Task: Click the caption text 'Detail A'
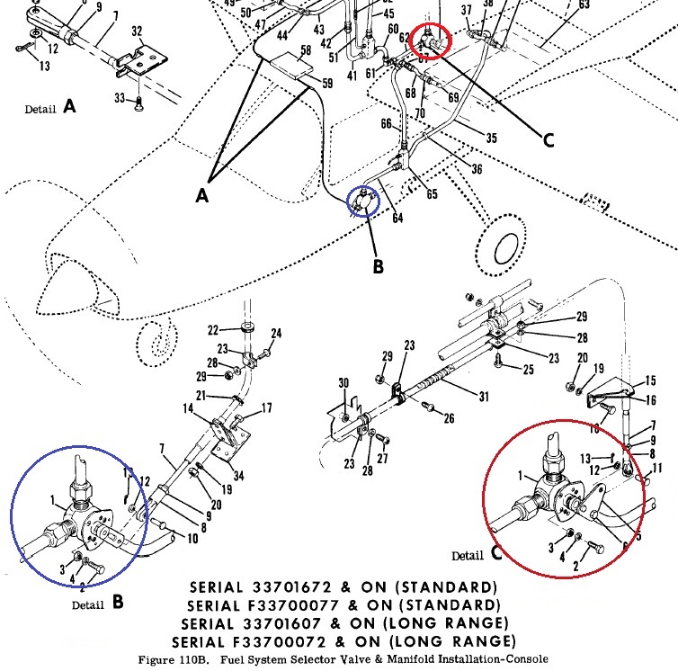click(x=50, y=108)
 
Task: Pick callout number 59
click(x=326, y=83)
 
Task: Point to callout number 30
click(x=343, y=384)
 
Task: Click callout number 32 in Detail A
click(x=137, y=31)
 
